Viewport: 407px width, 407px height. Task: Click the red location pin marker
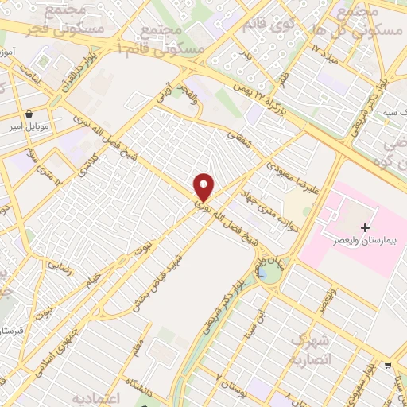pyautogui.click(x=204, y=188)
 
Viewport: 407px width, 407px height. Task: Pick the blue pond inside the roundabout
pyautogui.click(x=262, y=273)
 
